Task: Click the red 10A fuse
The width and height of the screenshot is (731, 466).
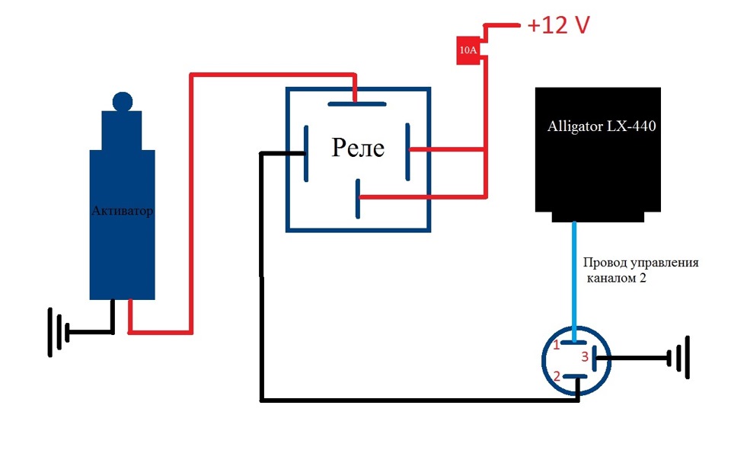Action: pyautogui.click(x=468, y=50)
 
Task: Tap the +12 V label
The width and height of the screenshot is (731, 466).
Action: pyautogui.click(x=559, y=25)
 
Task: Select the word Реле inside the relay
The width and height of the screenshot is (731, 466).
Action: pyautogui.click(x=358, y=148)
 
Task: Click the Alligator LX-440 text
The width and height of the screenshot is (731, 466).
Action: pyautogui.click(x=602, y=126)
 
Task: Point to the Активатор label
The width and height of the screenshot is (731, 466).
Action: pyautogui.click(x=122, y=211)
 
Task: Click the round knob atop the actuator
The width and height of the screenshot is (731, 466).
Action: pyautogui.click(x=122, y=101)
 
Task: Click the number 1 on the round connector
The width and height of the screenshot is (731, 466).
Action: pyautogui.click(x=557, y=345)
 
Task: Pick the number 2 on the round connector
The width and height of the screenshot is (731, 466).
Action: pyautogui.click(x=557, y=376)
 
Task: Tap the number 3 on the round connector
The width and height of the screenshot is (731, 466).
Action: pyautogui.click(x=585, y=356)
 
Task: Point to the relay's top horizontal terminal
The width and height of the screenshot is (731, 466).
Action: pyautogui.click(x=356, y=104)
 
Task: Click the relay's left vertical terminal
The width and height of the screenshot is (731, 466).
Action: pyautogui.click(x=305, y=154)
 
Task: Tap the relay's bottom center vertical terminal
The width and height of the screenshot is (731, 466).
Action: pyautogui.click(x=357, y=198)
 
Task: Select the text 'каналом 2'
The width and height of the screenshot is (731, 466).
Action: pyautogui.click(x=618, y=279)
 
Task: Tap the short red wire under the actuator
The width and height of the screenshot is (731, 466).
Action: pyautogui.click(x=130, y=316)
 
